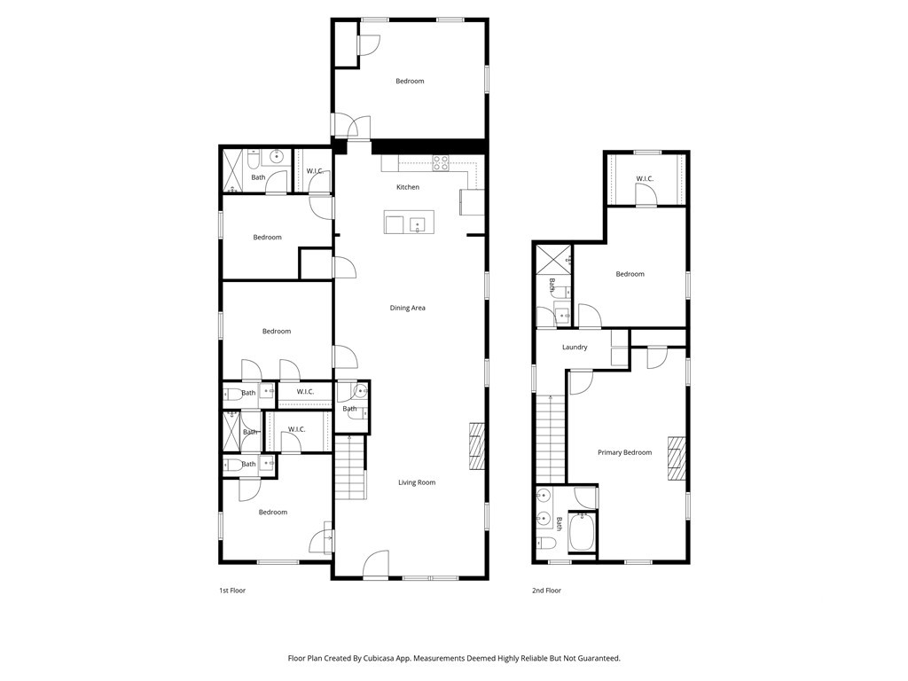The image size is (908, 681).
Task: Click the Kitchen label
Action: click(x=408, y=187)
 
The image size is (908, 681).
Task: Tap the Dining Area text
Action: click(x=408, y=308)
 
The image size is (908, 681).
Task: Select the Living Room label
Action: click(x=417, y=482)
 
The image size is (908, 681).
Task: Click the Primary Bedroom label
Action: click(x=625, y=452)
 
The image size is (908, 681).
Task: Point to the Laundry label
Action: click(x=575, y=348)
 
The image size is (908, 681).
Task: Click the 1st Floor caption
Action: click(x=232, y=591)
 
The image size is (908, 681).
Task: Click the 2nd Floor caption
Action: click(x=546, y=591)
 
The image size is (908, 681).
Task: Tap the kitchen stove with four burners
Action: click(x=441, y=163)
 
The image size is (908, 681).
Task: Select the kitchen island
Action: click(x=405, y=222)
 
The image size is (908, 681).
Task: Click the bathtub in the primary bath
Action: click(x=582, y=533)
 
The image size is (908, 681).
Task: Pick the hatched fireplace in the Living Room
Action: click(x=476, y=447)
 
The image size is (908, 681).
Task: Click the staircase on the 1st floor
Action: click(x=349, y=468)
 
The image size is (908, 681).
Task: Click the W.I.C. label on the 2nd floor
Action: click(x=645, y=178)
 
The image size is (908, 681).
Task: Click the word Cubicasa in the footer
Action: click(x=377, y=659)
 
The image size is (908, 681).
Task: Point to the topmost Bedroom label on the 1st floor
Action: click(x=410, y=81)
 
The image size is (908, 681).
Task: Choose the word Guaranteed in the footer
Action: click(x=601, y=659)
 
